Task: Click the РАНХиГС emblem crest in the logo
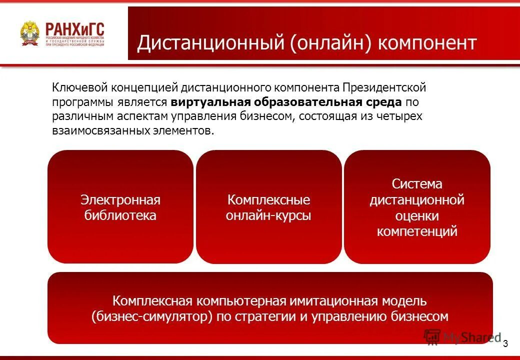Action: tap(29, 34)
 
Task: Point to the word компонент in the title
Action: tap(427, 43)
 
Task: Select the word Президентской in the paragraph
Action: tap(384, 88)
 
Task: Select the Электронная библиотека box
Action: tap(120, 207)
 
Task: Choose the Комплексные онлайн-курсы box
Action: tap(268, 207)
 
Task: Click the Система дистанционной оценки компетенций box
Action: tap(417, 207)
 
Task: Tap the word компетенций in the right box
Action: tap(417, 231)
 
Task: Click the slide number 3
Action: tap(505, 343)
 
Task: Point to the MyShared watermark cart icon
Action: tap(432, 337)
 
